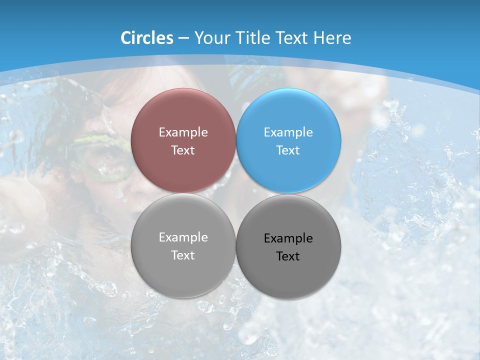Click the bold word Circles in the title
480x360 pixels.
pyautogui.click(x=147, y=38)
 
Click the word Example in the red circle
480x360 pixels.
pyautogui.click(x=183, y=132)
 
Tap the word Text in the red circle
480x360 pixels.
pyautogui.click(x=183, y=150)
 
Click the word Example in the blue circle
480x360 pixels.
pyautogui.click(x=288, y=132)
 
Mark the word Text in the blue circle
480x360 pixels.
pyautogui.click(x=288, y=150)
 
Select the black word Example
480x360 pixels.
pyautogui.click(x=288, y=238)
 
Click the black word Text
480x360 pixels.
pyautogui.click(x=288, y=256)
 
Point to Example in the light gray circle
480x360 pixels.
pyautogui.click(x=183, y=237)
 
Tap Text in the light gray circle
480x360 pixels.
pyautogui.click(x=183, y=255)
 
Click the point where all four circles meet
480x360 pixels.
pyautogui.click(x=236, y=193)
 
